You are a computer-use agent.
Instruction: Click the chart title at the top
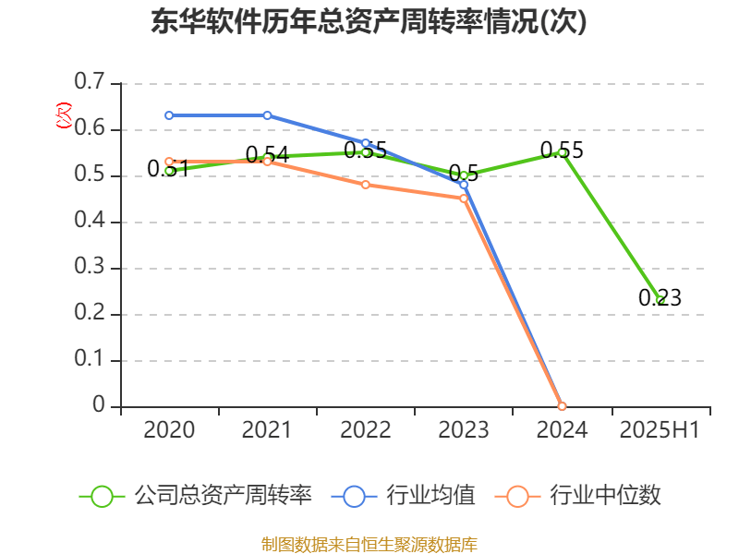(x=369, y=22)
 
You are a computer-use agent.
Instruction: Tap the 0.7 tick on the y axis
(x=91, y=83)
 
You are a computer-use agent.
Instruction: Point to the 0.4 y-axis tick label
(x=91, y=222)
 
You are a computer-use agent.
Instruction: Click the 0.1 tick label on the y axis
(x=91, y=360)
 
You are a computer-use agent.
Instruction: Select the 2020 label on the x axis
(x=169, y=429)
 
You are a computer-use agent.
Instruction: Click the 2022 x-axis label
(x=365, y=429)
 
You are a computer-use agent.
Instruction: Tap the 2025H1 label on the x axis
(x=660, y=429)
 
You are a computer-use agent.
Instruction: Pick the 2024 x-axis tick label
(x=562, y=429)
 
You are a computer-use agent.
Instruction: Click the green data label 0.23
(x=660, y=297)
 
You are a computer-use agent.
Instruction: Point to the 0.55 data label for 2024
(x=562, y=150)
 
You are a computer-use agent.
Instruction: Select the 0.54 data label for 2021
(x=267, y=154)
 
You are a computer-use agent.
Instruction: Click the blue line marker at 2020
(x=169, y=115)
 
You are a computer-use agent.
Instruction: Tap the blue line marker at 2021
(x=267, y=115)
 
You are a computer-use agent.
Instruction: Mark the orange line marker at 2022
(x=366, y=185)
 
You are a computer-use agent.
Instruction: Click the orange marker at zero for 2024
(x=562, y=406)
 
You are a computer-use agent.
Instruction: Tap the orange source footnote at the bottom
(x=369, y=544)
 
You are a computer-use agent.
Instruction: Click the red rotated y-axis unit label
(x=63, y=115)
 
